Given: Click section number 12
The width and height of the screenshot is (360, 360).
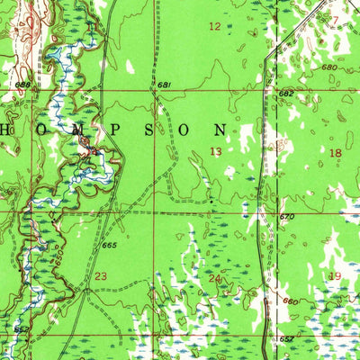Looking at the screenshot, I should pyautogui.click(x=214, y=27).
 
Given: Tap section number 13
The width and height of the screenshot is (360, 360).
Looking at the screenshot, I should pyautogui.click(x=216, y=151).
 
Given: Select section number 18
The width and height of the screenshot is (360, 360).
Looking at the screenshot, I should pyautogui.click(x=337, y=154).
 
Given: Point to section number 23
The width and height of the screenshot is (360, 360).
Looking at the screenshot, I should pyautogui.click(x=101, y=276).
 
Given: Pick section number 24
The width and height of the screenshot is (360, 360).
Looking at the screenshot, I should pyautogui.click(x=214, y=279).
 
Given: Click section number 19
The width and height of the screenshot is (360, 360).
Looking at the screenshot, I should pyautogui.click(x=336, y=276).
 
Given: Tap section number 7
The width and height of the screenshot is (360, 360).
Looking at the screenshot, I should pyautogui.click(x=335, y=20).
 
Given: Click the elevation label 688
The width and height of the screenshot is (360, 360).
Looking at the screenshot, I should pyautogui.click(x=22, y=85).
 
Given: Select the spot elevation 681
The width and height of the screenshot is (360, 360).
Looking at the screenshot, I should pyautogui.click(x=164, y=85).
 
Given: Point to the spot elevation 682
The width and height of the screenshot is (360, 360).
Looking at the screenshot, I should pyautogui.click(x=285, y=94).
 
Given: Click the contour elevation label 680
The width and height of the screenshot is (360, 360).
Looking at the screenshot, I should pyautogui.click(x=328, y=67).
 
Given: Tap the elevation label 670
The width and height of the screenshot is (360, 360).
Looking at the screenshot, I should pyautogui.click(x=286, y=217).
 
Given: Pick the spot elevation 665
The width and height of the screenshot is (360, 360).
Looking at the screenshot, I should pyautogui.click(x=110, y=245).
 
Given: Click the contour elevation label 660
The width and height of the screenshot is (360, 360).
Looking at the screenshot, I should pyautogui.click(x=291, y=302).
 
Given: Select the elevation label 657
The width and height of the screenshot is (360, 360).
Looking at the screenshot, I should pyautogui.click(x=285, y=338).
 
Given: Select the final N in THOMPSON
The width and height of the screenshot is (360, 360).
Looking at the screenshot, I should pyautogui.click(x=244, y=129).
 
